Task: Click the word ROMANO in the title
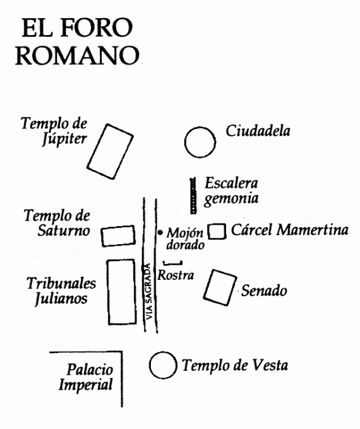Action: point(78,55)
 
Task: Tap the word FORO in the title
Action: point(96,28)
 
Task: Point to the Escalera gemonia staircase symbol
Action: point(193,195)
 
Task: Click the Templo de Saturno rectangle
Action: point(102,236)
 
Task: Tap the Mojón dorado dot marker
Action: point(160,233)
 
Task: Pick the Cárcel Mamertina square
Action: point(208,231)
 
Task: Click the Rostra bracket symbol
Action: point(173,264)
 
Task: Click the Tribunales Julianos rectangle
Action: point(108,291)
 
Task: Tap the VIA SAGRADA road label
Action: point(148,291)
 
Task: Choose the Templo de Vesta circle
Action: point(150,365)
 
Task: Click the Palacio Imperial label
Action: point(86,377)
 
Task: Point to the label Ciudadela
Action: point(258,131)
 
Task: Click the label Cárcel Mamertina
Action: point(290,230)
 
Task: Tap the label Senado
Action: point(264,290)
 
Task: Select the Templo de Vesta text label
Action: point(235,365)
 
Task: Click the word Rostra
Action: point(176,275)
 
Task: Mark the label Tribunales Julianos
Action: point(61,291)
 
